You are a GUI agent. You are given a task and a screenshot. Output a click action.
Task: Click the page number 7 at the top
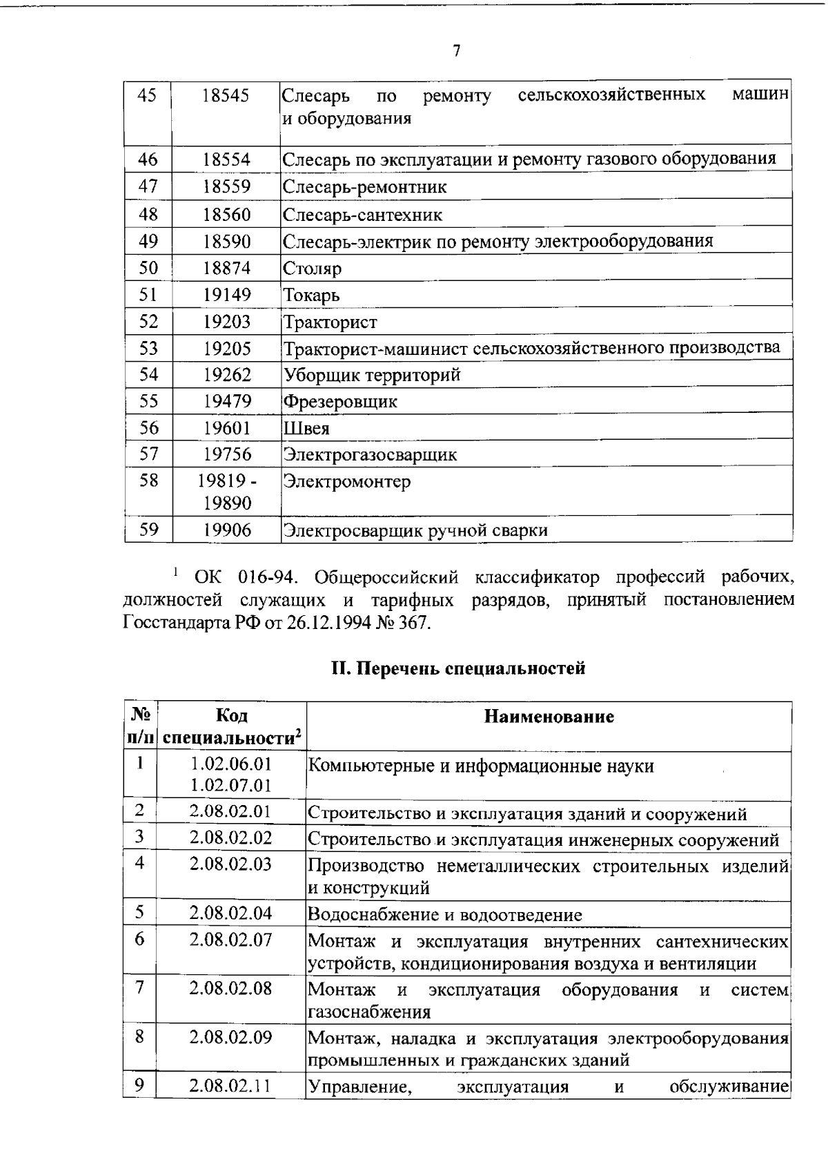[x=456, y=52]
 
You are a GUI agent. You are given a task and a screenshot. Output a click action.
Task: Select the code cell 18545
[x=226, y=95]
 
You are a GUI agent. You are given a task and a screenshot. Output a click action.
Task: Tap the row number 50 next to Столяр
[x=148, y=267]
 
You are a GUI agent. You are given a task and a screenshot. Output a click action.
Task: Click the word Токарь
[x=312, y=296]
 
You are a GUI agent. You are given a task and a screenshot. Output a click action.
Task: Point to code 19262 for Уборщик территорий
[x=226, y=375]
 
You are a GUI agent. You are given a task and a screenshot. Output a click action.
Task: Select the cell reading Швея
[x=307, y=429]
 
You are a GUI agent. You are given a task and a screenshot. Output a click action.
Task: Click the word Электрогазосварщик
[x=371, y=455]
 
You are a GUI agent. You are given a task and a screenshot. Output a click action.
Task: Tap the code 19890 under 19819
[x=226, y=503]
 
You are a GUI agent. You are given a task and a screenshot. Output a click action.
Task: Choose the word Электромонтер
[x=347, y=481]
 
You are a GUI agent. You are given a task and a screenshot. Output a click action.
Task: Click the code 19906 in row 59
[x=226, y=530]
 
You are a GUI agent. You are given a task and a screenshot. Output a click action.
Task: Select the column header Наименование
[x=549, y=716]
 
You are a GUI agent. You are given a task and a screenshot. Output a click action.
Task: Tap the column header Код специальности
[x=231, y=726]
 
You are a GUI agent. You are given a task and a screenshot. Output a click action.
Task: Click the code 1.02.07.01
[x=230, y=785]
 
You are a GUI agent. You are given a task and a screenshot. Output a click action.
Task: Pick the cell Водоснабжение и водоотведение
[x=445, y=915]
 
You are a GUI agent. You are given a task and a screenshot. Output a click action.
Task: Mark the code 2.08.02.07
[x=230, y=939]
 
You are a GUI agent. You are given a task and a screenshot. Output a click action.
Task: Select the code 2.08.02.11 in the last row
[x=230, y=1086]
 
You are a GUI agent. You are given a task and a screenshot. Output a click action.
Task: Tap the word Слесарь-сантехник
[x=363, y=215]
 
